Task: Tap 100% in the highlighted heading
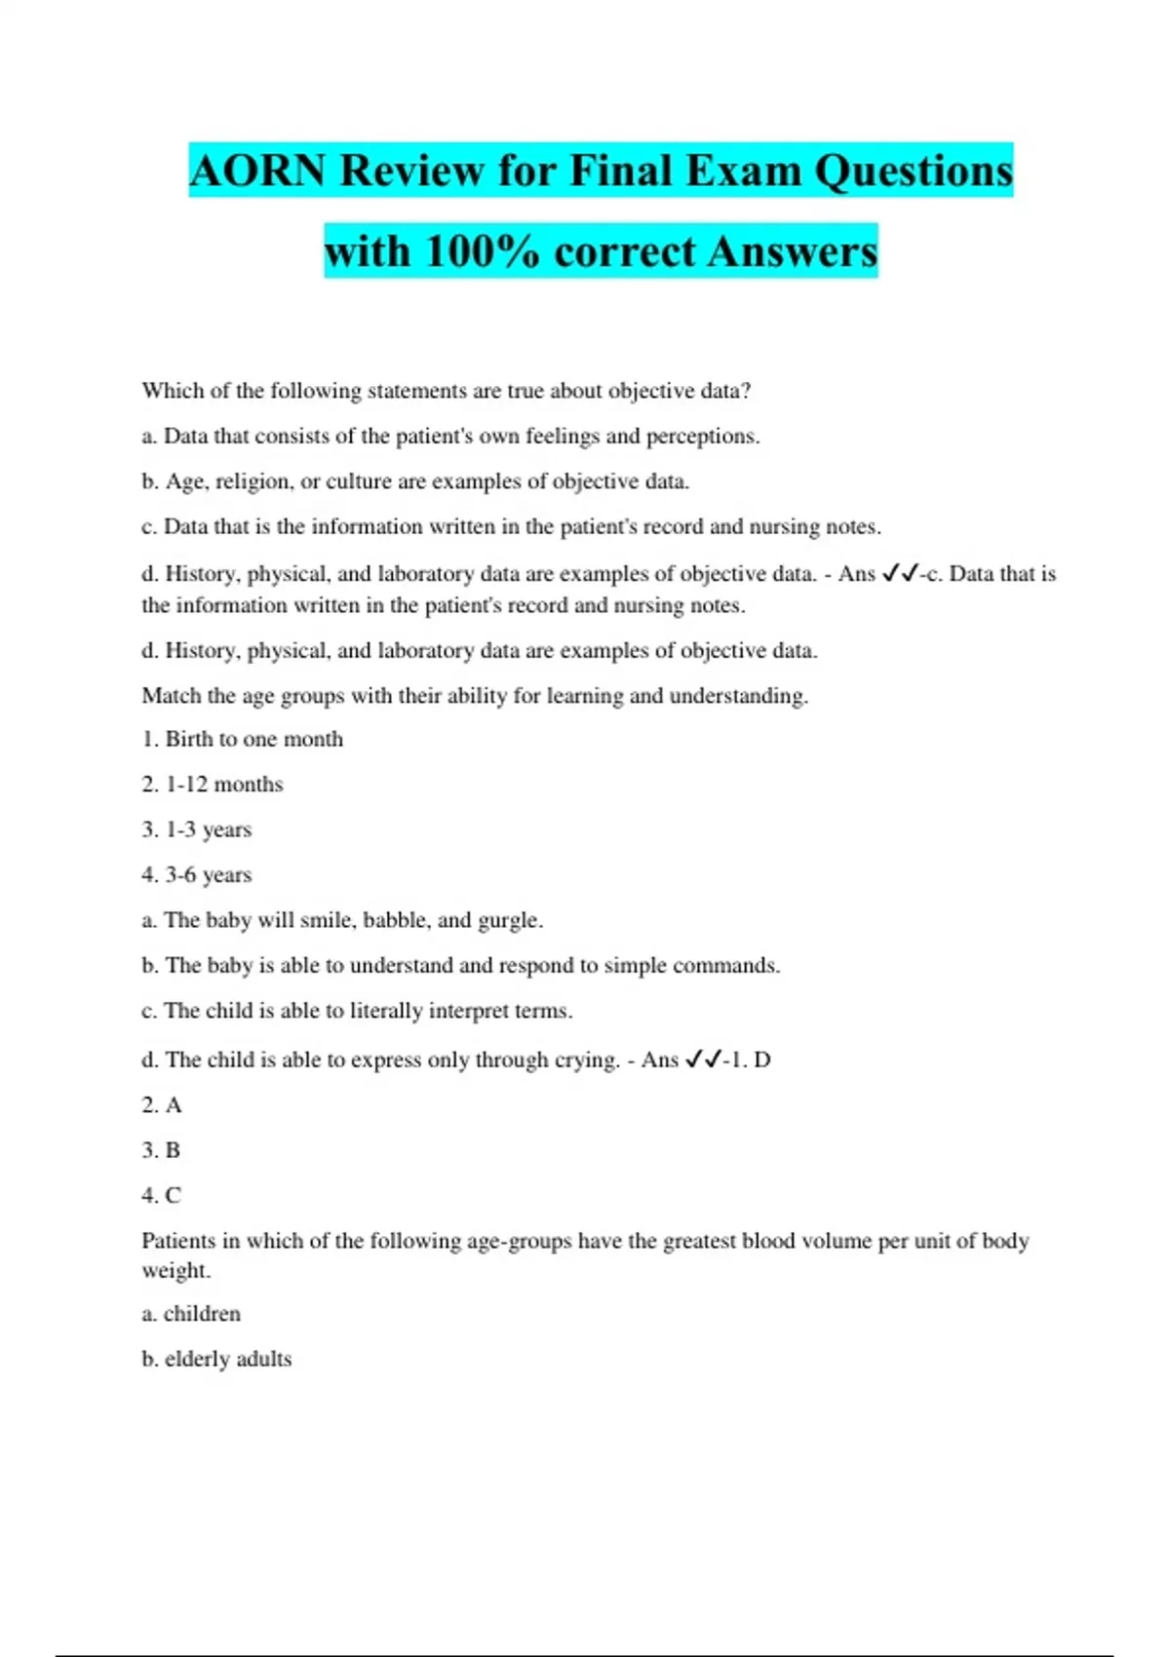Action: pyautogui.click(x=482, y=251)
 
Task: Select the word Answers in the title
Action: pyautogui.click(x=793, y=251)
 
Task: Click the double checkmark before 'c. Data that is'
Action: pyautogui.click(x=899, y=574)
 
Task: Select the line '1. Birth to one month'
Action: pyautogui.click(x=242, y=739)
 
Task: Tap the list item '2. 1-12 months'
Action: pyautogui.click(x=212, y=785)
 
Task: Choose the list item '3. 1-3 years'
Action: pyautogui.click(x=196, y=829)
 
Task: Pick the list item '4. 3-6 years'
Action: pyautogui.click(x=196, y=875)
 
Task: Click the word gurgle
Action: pyautogui.click(x=509, y=920)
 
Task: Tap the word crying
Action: pyautogui.click(x=586, y=1060)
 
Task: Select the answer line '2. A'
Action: pyautogui.click(x=161, y=1105)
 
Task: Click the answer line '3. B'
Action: pyautogui.click(x=161, y=1150)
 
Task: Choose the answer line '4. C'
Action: pyautogui.click(x=161, y=1196)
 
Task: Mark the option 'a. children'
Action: pyautogui.click(x=191, y=1314)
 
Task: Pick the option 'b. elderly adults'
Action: pyautogui.click(x=216, y=1359)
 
